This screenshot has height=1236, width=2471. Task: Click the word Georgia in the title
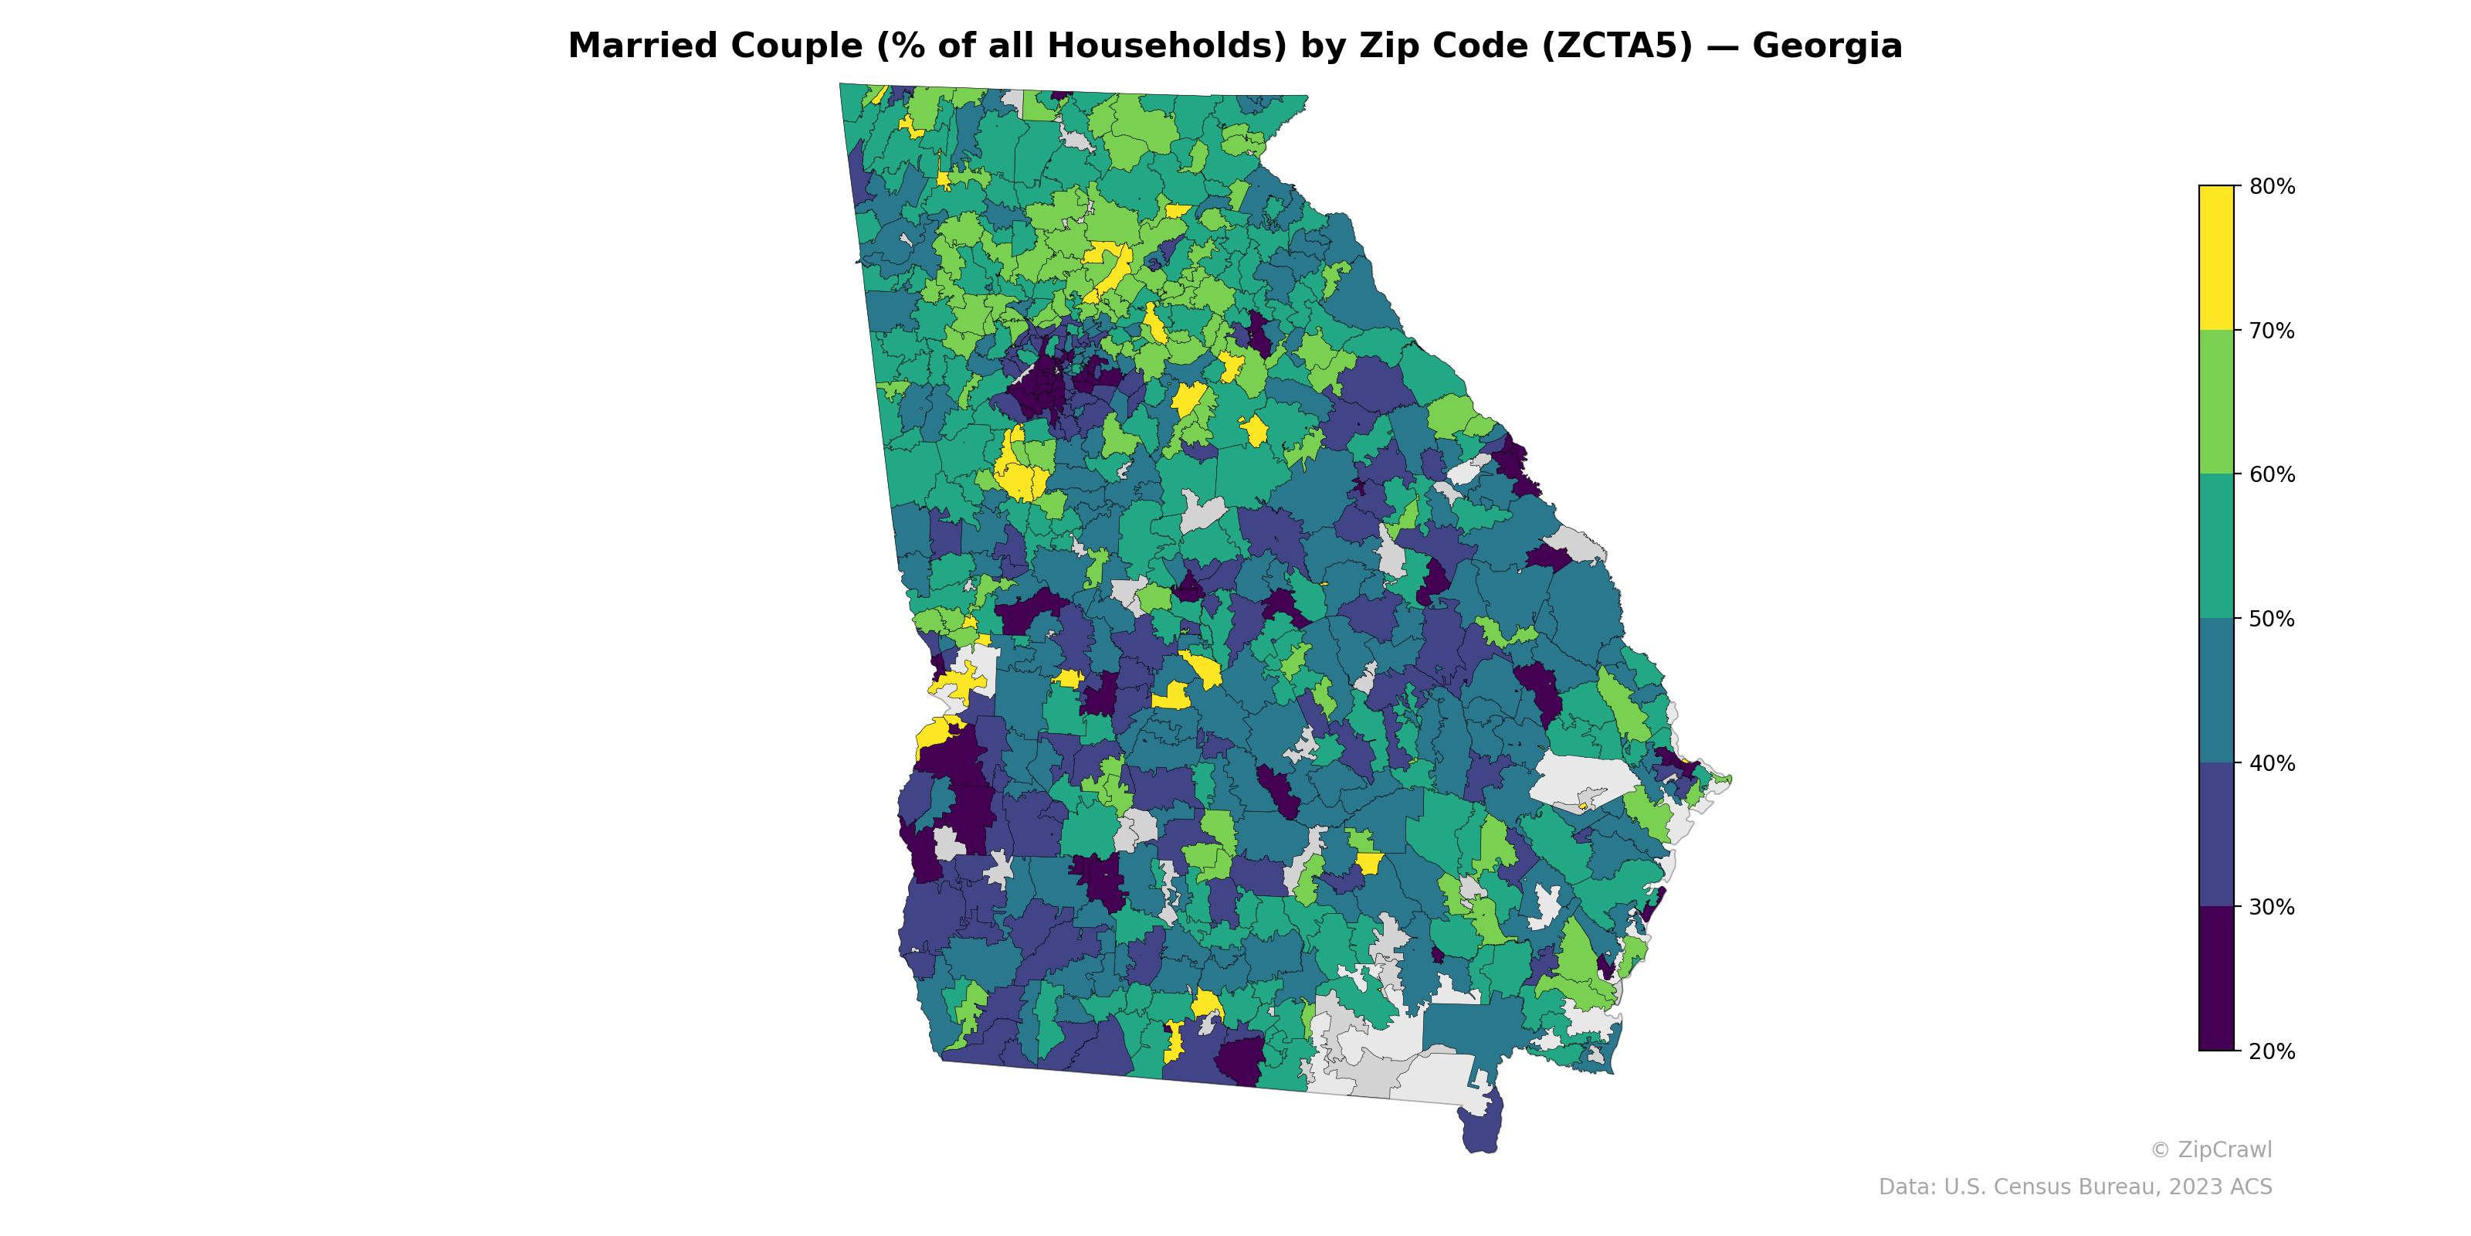[1826, 46]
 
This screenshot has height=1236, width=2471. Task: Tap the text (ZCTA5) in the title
[1617, 46]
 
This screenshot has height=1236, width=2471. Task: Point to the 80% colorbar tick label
[2272, 187]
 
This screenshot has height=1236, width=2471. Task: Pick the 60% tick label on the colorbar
[2272, 475]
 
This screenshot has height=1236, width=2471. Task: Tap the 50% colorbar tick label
[2272, 619]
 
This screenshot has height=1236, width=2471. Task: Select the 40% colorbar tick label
[2272, 764]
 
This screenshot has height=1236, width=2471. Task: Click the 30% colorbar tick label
[2272, 908]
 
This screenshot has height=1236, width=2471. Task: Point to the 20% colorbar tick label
[2272, 1051]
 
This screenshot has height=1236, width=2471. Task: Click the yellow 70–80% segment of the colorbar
[2216, 257]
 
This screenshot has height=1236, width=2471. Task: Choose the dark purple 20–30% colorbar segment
[2216, 979]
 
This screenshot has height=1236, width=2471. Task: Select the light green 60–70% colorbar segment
[2216, 402]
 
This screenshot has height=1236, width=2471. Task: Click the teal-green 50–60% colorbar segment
[2216, 546]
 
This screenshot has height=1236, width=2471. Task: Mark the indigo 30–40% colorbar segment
[2216, 835]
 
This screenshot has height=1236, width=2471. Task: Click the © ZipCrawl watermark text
[2210, 1149]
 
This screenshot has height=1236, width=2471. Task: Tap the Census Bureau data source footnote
[2074, 1187]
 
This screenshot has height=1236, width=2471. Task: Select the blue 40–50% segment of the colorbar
[2216, 691]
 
